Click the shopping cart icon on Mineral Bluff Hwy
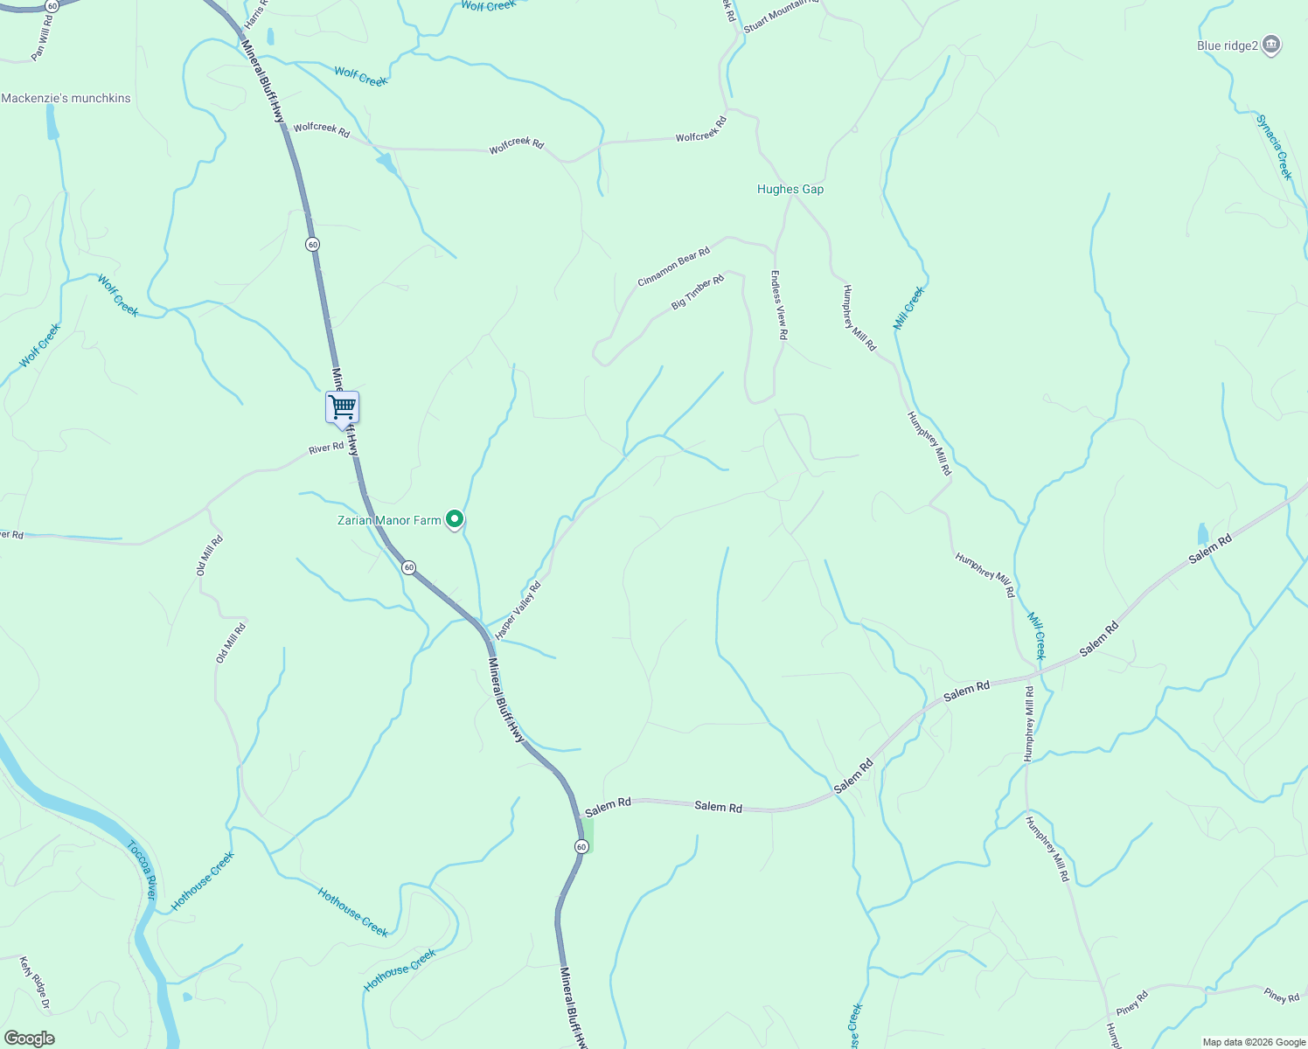(342, 406)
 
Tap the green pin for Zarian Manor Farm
(455, 519)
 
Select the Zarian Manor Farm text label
(389, 520)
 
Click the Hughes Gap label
(790, 189)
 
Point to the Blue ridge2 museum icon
(1272, 45)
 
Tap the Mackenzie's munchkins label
(66, 98)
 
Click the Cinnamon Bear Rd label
(673, 266)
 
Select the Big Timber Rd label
(698, 292)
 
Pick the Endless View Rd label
(778, 304)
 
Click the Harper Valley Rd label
(518, 610)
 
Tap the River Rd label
(326, 448)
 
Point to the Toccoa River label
(143, 870)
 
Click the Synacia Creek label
(1274, 147)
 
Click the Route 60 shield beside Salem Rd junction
(581, 846)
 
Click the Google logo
(29, 1039)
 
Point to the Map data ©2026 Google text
(1252, 1042)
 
